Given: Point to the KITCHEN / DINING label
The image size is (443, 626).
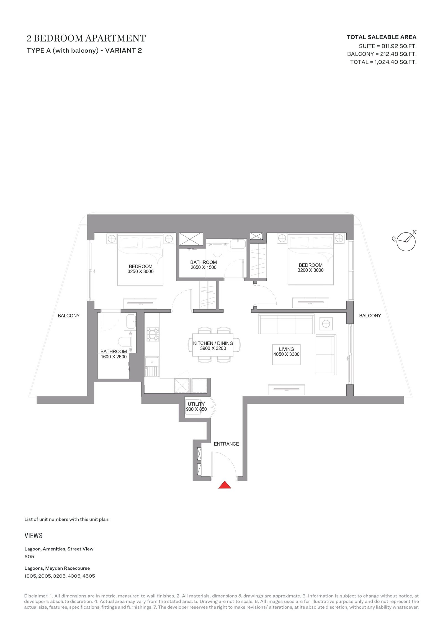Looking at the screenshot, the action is tap(213, 343).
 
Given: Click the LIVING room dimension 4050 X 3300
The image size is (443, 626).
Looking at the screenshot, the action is tap(286, 354).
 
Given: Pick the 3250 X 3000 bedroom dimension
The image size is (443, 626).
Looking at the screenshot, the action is tap(140, 271).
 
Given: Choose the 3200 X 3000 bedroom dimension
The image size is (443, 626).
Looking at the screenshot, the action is tap(310, 270).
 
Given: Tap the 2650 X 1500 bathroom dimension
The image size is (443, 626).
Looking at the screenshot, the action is tap(204, 267).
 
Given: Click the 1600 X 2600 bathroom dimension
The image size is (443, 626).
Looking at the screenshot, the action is tap(114, 357).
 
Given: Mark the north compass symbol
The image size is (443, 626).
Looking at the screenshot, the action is tap(406, 241).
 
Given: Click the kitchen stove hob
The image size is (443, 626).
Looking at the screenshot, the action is tap(153, 334).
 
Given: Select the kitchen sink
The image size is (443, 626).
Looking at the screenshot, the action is tap(152, 366).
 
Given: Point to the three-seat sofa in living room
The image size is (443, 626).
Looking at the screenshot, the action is tap(286, 324).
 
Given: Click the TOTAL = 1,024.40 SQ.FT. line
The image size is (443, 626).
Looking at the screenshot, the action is tap(383, 62).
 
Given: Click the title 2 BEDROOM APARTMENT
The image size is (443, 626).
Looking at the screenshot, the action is tap(86, 38).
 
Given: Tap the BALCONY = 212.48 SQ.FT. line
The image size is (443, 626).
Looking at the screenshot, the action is tap(382, 54).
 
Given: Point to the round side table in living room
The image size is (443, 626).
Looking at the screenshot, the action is tap(326, 324).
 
